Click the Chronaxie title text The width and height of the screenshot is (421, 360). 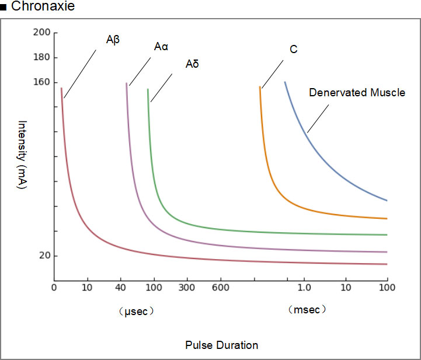tap(41, 8)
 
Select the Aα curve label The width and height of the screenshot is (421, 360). tap(161, 47)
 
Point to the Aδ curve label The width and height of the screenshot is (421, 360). tap(192, 64)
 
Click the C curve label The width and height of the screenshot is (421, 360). tap(294, 50)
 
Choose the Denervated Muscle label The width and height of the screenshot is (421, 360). tap(357, 92)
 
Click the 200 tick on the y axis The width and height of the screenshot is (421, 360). tap(42, 33)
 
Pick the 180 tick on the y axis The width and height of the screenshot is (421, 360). tap(42, 57)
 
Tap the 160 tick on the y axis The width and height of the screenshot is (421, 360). tap(42, 82)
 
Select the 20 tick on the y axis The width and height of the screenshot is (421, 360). tap(44, 256)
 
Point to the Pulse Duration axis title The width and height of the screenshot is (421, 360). tap(222, 345)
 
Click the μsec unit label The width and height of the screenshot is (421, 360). tap(135, 311)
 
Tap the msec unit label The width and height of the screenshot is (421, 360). tap(307, 310)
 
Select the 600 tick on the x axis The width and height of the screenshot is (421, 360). tap(220, 287)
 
